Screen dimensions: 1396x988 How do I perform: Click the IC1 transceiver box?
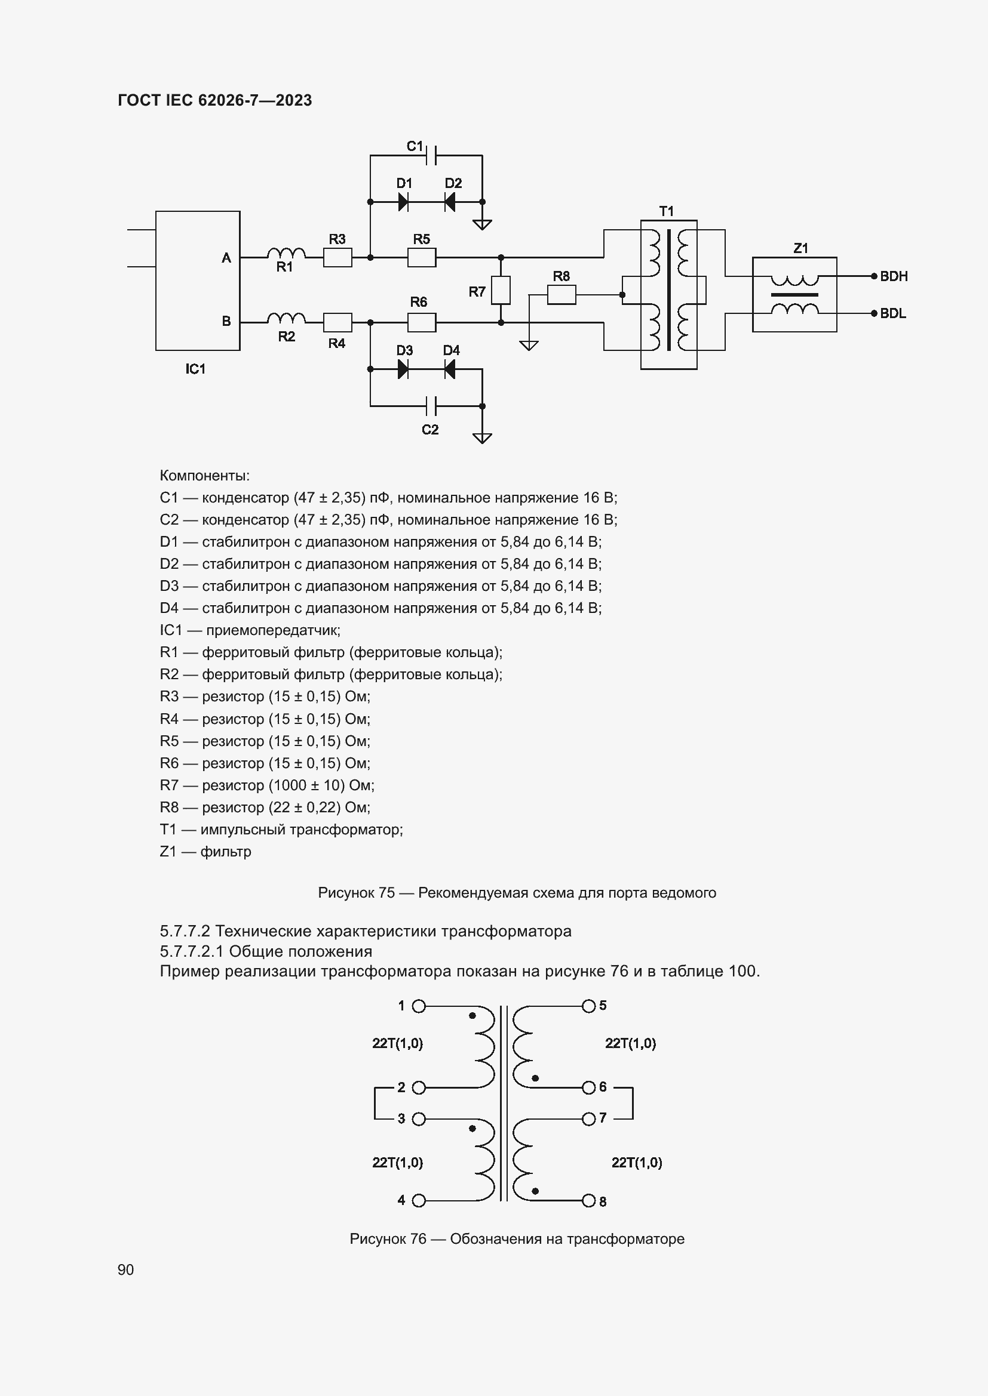point(198,281)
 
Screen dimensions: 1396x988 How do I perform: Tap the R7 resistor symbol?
point(501,290)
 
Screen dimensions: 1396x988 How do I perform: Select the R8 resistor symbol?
point(561,295)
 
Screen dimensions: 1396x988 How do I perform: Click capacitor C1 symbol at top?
point(431,155)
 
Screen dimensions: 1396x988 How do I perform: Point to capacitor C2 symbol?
point(431,405)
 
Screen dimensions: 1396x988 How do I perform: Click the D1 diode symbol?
point(403,202)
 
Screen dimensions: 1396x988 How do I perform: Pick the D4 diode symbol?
point(450,369)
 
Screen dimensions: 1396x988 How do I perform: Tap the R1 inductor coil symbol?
point(286,253)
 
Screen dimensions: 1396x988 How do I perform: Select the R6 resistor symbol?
point(421,322)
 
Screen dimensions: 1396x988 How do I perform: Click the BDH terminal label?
point(893,277)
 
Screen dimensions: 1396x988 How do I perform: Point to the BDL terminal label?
point(892,314)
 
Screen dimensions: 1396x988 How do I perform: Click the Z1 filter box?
point(794,295)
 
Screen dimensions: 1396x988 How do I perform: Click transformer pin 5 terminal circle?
point(588,1006)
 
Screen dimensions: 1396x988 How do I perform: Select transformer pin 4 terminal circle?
point(419,1201)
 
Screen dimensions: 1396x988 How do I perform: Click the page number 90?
point(126,1269)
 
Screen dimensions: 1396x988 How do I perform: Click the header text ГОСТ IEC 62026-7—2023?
point(215,100)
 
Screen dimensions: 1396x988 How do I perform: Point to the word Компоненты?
point(204,476)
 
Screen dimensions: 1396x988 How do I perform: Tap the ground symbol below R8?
point(529,346)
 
